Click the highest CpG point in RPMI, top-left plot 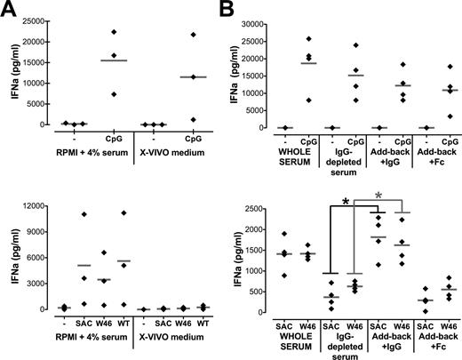pos(113,32)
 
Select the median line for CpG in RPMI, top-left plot pos(113,60)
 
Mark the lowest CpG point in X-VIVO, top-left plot pos(193,119)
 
